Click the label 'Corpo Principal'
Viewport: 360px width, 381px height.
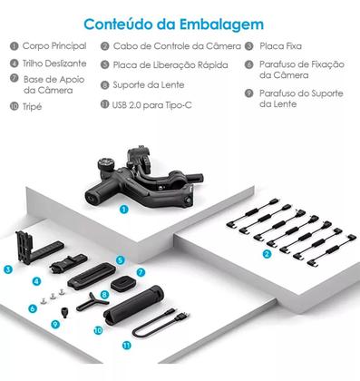point(54,45)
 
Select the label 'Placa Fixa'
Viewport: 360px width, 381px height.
point(281,45)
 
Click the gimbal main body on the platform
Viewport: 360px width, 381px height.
point(136,178)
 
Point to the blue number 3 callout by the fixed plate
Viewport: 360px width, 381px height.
point(8,269)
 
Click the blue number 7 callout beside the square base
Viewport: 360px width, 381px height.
point(141,271)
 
